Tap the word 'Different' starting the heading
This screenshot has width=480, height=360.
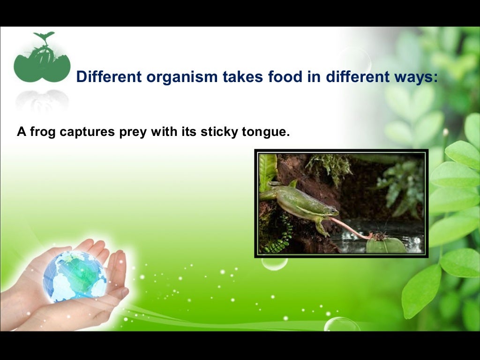[x=102, y=76]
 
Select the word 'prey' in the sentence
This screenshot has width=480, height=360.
[x=131, y=133]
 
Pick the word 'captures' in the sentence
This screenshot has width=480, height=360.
[x=85, y=133]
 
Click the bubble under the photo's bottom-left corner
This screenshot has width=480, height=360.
[x=274, y=262]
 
